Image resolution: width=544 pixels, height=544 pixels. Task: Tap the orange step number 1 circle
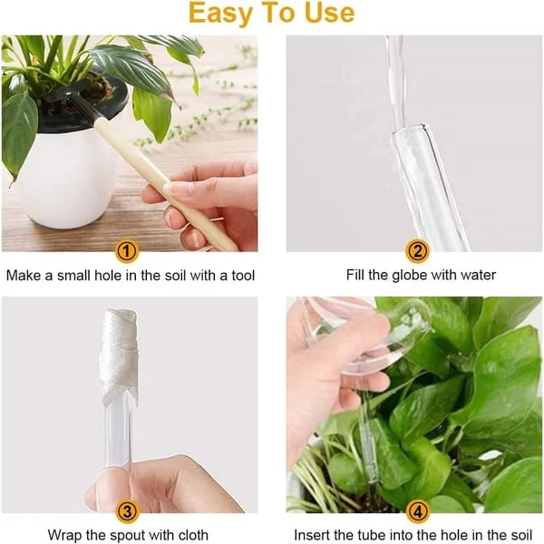tap(129, 251)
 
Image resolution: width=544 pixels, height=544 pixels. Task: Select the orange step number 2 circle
tap(416, 251)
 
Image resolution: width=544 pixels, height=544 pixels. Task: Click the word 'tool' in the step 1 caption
tap(241, 275)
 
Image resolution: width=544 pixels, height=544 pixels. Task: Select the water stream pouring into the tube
tap(395, 82)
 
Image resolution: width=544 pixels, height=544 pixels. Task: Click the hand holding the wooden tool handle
tap(204, 204)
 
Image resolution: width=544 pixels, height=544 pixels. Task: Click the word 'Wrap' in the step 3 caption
tap(65, 534)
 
